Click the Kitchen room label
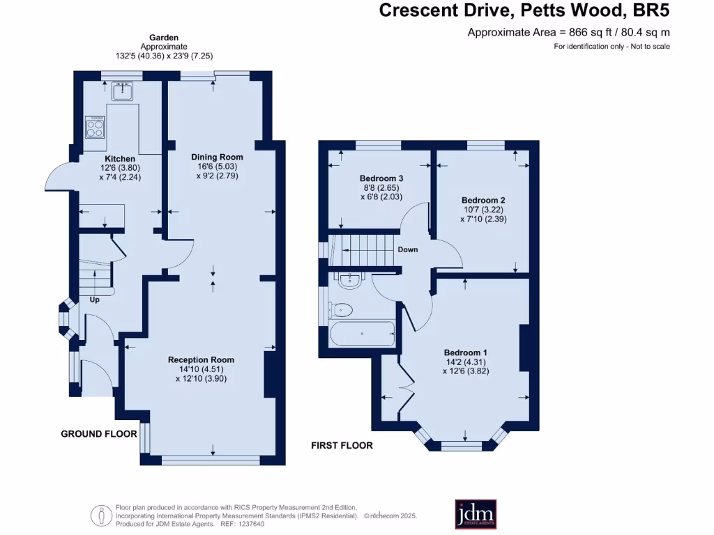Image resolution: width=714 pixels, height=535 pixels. point(120,159)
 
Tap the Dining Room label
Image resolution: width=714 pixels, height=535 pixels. point(217,157)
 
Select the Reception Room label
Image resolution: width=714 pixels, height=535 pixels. point(201,359)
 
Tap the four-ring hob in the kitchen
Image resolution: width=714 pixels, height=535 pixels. point(96,127)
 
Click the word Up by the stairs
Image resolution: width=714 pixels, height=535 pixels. point(94,300)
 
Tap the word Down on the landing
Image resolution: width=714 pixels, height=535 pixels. point(408,249)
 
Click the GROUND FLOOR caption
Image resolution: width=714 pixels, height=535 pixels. point(98,434)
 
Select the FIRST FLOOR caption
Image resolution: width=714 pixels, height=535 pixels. point(342,445)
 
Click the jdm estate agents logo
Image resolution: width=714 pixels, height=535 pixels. point(476,513)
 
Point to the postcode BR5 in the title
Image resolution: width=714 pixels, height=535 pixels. point(651,10)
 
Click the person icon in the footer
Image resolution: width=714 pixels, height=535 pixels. point(102,515)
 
